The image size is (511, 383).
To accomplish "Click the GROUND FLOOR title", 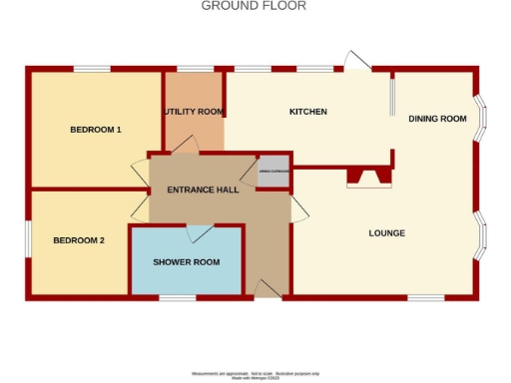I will (254, 6).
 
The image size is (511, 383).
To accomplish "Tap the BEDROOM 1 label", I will (96, 130).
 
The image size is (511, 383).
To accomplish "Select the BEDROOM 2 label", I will (79, 240).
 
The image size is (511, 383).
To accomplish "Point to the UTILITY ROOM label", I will (194, 112).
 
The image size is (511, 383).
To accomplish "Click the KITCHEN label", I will (308, 112).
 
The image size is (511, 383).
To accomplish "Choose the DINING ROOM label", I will (437, 119).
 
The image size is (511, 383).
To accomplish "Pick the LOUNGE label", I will (386, 233).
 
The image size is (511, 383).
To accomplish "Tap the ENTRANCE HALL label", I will (203, 190).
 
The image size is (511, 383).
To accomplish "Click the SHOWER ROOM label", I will (186, 261).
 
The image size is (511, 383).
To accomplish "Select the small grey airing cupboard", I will (274, 172).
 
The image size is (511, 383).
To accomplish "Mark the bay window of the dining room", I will (482, 118).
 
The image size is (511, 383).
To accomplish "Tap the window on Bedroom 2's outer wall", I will (28, 240).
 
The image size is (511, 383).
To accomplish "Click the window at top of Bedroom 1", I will (91, 68).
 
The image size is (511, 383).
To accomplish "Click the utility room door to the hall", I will (183, 146).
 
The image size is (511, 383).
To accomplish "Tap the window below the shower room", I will (178, 296).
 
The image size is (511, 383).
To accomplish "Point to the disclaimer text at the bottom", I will (254, 373).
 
